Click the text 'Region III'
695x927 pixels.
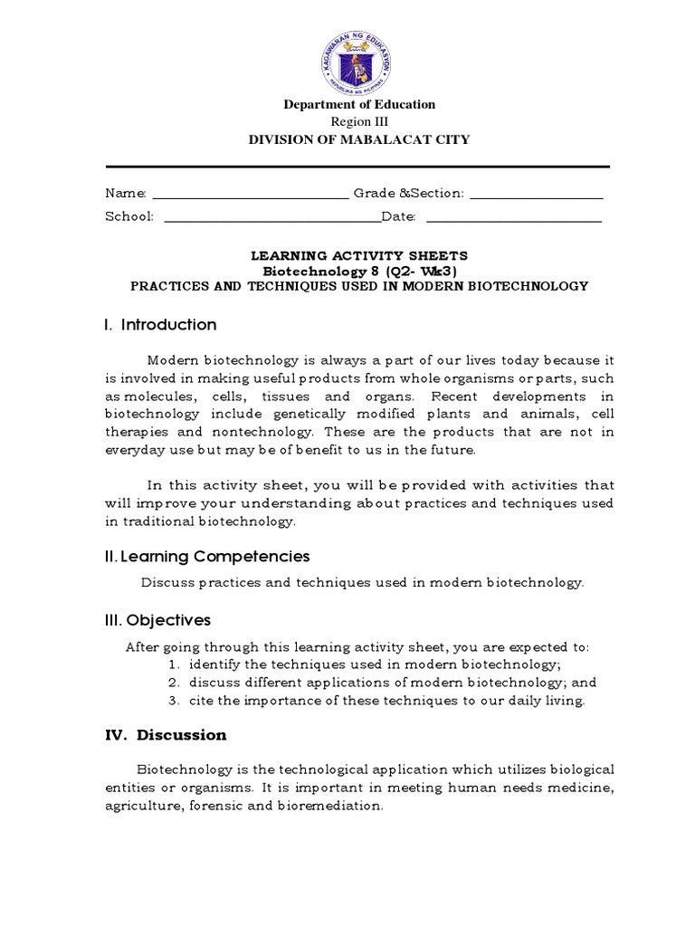click(x=359, y=121)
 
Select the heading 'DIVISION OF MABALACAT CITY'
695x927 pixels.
click(x=359, y=139)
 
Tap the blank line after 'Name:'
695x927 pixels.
click(x=249, y=196)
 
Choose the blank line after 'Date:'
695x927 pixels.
click(x=513, y=219)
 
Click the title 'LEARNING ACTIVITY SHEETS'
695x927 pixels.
click(x=359, y=257)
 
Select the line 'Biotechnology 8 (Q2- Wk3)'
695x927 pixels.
click(x=359, y=272)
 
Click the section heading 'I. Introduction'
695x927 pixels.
click(x=161, y=325)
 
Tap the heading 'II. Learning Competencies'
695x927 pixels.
click(x=208, y=556)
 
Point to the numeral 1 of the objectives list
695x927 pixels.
click(x=171, y=665)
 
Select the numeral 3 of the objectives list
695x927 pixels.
click(x=171, y=701)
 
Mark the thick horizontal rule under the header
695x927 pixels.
click(x=358, y=167)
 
